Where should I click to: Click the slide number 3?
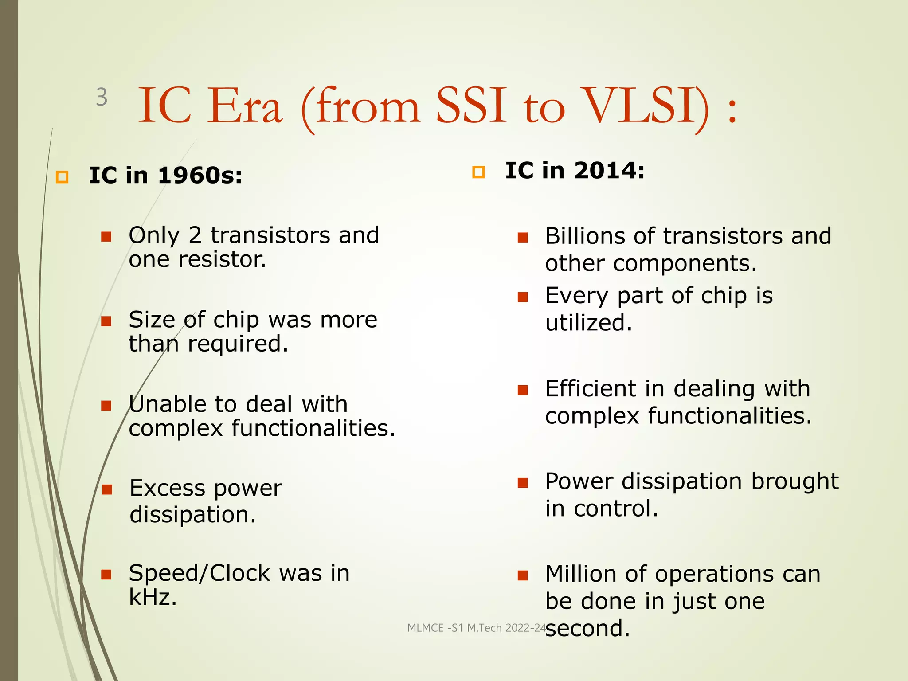(x=102, y=97)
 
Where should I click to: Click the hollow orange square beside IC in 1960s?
(x=62, y=177)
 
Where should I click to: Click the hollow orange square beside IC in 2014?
(x=478, y=172)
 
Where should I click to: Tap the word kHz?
(x=153, y=597)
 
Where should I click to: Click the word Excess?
(x=167, y=489)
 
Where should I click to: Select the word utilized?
(x=588, y=323)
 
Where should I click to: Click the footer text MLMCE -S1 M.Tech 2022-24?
(x=477, y=628)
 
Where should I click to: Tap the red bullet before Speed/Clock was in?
(x=106, y=575)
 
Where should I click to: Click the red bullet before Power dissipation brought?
(x=523, y=483)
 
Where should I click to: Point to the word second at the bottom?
(x=587, y=629)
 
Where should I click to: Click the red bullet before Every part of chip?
(x=523, y=297)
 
